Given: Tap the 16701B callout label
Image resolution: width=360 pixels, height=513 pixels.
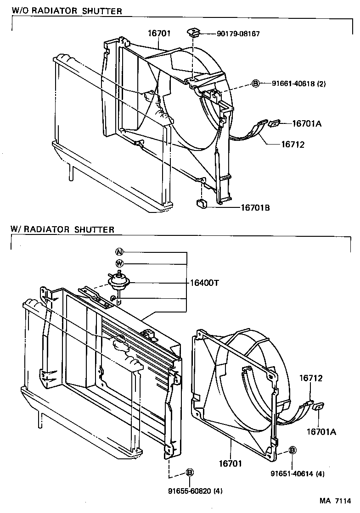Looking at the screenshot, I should [255, 208].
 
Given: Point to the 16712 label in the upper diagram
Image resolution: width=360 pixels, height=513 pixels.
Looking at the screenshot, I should [292, 144].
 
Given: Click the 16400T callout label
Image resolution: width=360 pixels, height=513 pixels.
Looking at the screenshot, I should [204, 283].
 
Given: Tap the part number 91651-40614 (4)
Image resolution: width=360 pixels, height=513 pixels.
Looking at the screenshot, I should [298, 474].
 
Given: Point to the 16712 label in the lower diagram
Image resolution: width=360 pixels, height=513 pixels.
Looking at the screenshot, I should [311, 379].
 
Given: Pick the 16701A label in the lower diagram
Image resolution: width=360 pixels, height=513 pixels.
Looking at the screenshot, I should [321, 431].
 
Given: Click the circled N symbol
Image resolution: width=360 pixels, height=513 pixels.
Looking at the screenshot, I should [119, 252].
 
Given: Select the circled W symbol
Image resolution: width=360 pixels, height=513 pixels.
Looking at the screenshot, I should [119, 263].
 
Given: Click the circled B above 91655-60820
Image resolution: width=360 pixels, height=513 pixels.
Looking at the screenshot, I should [189, 473].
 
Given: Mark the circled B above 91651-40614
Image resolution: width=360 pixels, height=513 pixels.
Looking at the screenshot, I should [292, 451].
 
